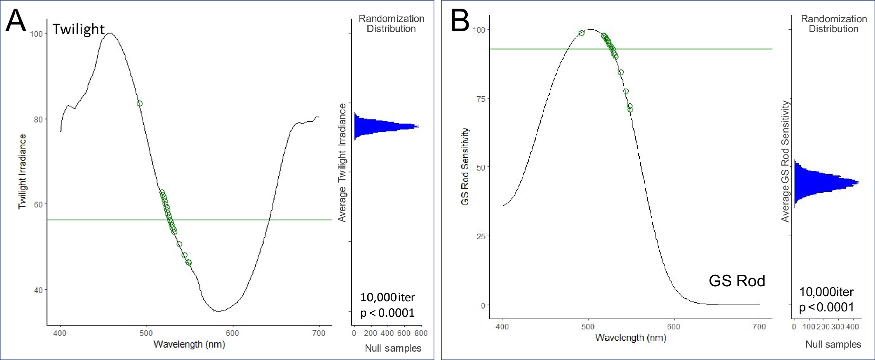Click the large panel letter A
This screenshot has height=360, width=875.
[16, 21]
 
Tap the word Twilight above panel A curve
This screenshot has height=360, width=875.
[78, 29]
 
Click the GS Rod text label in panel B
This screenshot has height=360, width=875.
[737, 281]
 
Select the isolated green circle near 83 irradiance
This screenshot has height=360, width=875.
[140, 103]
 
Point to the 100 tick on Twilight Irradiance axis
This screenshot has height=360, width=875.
[37, 34]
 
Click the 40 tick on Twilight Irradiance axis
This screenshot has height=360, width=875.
[38, 290]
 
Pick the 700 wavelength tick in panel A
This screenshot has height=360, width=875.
[319, 333]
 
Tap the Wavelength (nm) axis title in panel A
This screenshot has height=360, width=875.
[189, 344]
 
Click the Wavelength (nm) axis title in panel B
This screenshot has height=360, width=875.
[630, 338]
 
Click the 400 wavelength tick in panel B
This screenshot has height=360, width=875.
[502, 327]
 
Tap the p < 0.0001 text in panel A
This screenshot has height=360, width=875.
[387, 313]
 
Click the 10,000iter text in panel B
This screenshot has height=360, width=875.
[826, 292]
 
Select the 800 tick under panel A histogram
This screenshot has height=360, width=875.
[421, 333]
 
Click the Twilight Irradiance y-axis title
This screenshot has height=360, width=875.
[22, 171]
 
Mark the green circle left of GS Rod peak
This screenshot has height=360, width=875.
[581, 33]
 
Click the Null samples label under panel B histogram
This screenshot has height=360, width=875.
[833, 344]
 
